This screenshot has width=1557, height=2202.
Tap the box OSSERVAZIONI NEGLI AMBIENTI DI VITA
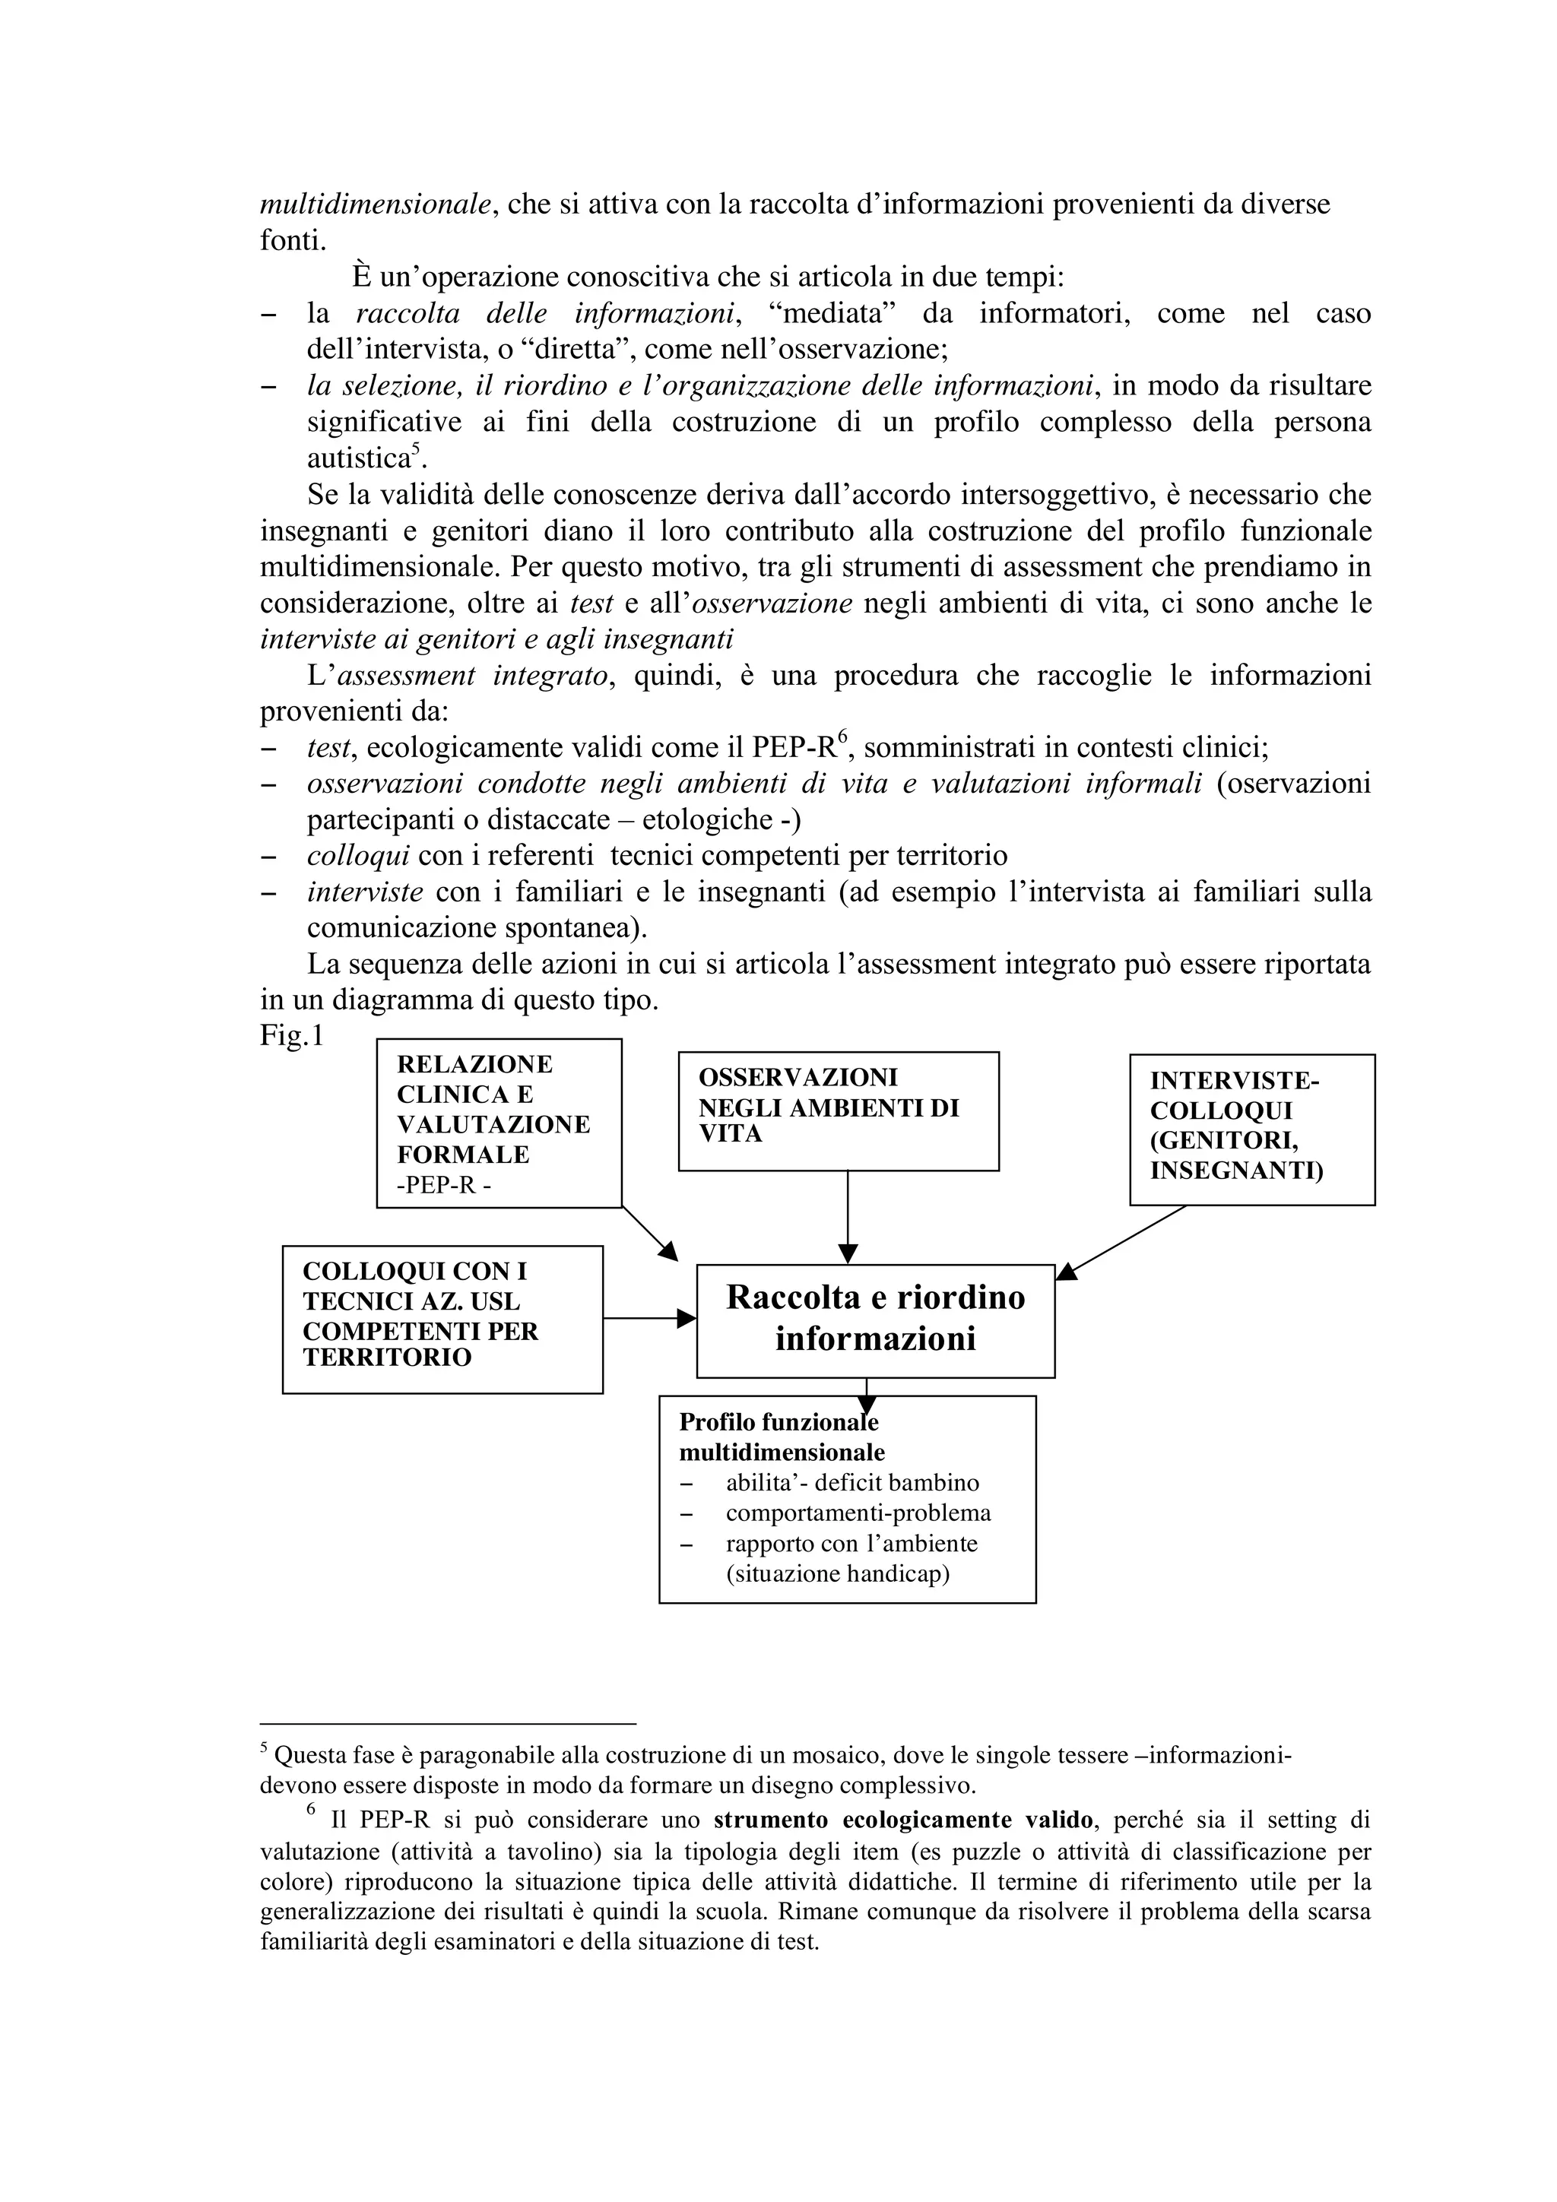coord(838,1110)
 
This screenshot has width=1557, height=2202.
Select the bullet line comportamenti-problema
coord(858,1513)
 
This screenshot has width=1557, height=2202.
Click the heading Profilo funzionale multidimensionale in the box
coord(781,1437)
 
